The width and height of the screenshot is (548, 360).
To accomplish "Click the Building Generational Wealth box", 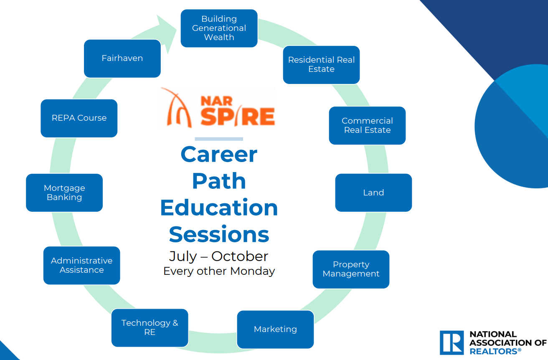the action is pos(219,28).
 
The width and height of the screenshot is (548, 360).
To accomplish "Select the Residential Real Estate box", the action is pos(321,65).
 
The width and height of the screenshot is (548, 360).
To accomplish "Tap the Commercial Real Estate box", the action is pos(367,125).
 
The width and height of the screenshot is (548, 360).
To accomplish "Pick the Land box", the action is pos(373,193).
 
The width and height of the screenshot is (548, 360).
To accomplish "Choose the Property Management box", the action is pos(351,269).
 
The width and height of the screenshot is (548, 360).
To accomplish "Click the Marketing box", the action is pos(276,330).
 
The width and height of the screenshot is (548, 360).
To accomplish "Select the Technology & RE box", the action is pos(150,328).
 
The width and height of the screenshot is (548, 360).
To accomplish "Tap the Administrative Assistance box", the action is pos(82,265).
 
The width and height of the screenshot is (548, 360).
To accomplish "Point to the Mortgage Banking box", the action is pos(64,193).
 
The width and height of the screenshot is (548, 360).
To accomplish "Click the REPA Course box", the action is pos(79,118).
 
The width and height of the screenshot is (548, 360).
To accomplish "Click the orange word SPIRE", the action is pos(238,117).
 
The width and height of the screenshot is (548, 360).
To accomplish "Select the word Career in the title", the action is pos(219,155).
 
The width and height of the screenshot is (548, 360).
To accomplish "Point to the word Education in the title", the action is pos(219,208).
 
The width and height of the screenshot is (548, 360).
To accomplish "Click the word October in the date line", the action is pos(240,256).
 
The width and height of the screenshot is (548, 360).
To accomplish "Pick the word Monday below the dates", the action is pos(252,271).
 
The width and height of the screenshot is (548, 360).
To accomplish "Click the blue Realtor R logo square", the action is pos(452,342).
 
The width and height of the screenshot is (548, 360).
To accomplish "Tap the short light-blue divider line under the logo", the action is pos(219,139).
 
